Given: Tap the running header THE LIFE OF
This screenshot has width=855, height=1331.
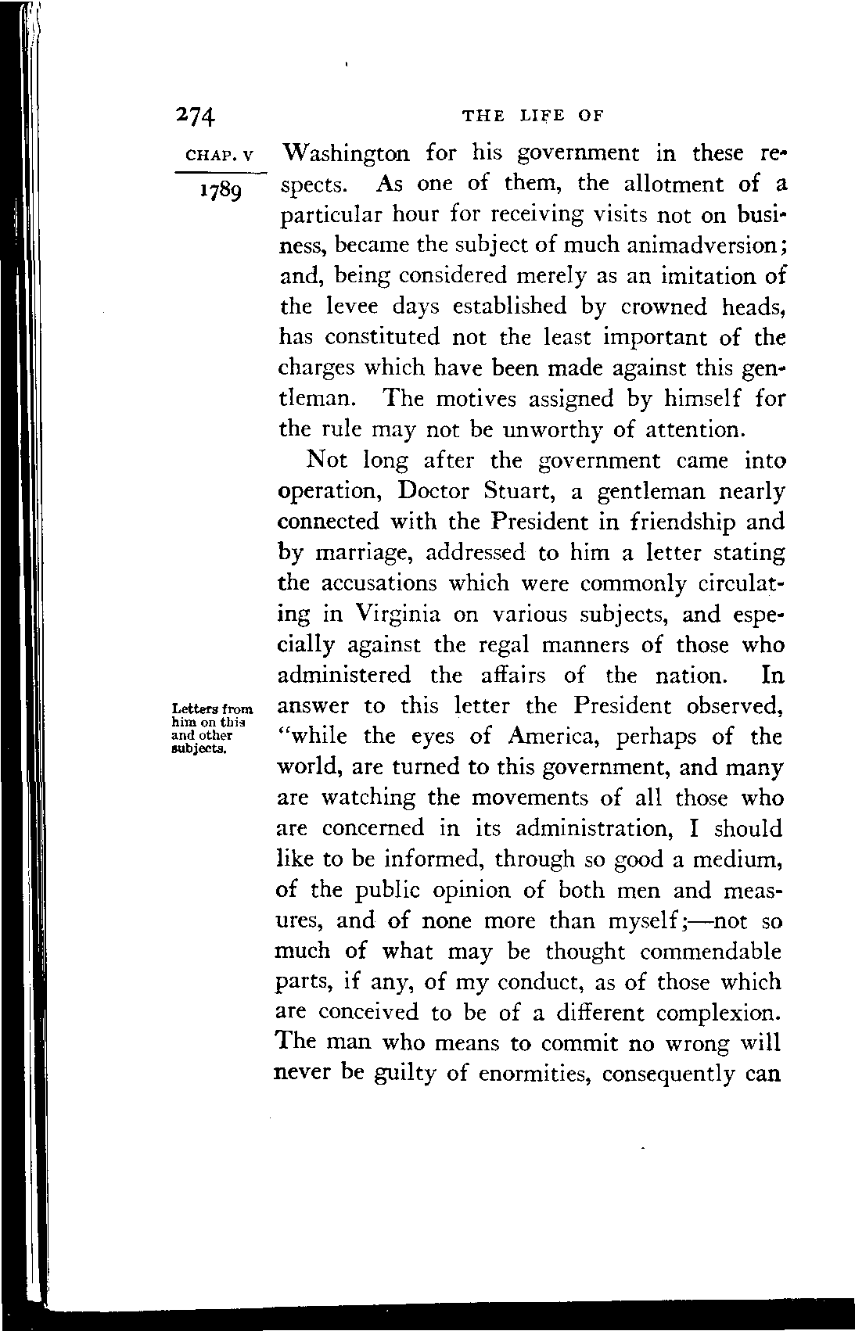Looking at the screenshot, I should pos(533,116).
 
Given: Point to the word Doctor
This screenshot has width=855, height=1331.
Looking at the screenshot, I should pos(433,492).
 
